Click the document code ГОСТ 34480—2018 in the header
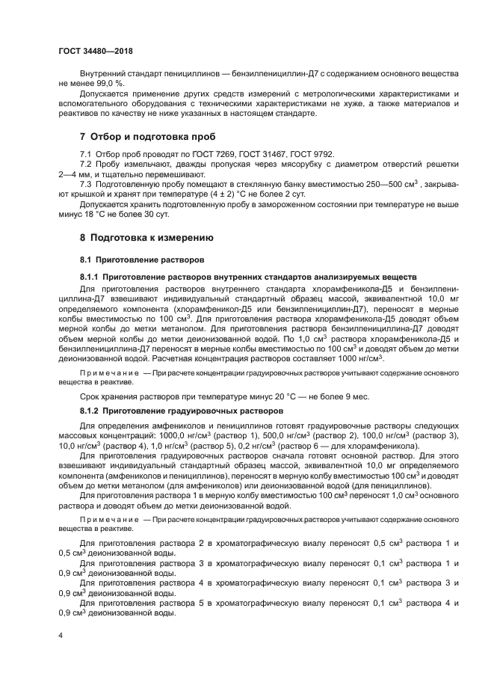pyautogui.click(x=95, y=51)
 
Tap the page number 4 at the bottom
pyautogui.click(x=61, y=635)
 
